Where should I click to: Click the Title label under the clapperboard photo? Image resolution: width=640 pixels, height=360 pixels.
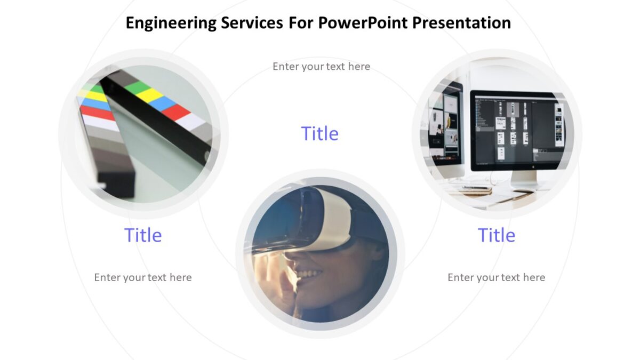click(x=143, y=235)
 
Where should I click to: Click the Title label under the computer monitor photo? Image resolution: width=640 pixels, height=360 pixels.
click(x=496, y=235)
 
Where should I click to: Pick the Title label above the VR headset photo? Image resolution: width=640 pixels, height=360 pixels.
click(x=319, y=133)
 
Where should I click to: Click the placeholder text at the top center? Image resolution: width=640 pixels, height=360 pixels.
click(x=321, y=67)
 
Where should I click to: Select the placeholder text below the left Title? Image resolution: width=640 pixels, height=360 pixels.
click(x=143, y=277)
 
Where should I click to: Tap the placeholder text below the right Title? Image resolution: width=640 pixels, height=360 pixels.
click(x=496, y=277)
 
